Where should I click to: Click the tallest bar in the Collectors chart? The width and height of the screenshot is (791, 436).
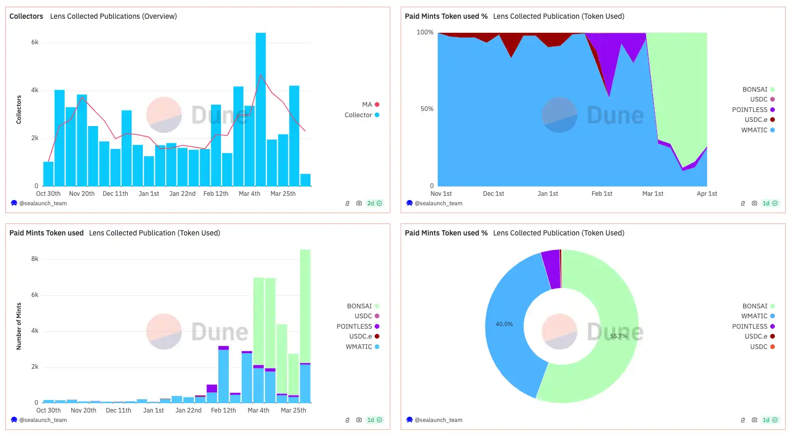[x=261, y=109]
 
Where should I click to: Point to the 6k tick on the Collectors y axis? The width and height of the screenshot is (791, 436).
[x=35, y=42]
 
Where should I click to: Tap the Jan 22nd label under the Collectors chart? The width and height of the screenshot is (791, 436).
[x=182, y=194]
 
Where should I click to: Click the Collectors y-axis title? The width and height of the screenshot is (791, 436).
[x=19, y=109]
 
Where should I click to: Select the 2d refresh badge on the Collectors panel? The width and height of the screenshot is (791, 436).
[x=374, y=203]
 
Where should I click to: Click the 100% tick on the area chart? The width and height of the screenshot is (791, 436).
[x=425, y=32]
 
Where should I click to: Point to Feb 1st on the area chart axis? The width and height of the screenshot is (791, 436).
[x=602, y=194]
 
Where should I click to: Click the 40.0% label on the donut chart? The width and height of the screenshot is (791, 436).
[x=504, y=324]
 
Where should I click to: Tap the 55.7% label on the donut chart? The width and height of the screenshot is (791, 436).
[x=619, y=336]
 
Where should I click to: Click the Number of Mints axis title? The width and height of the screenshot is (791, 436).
[x=19, y=326]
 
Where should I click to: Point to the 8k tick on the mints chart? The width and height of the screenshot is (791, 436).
[x=35, y=259]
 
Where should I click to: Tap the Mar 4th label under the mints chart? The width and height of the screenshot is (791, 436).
[x=258, y=410]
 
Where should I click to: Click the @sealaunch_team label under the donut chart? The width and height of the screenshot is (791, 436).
[x=438, y=420]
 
